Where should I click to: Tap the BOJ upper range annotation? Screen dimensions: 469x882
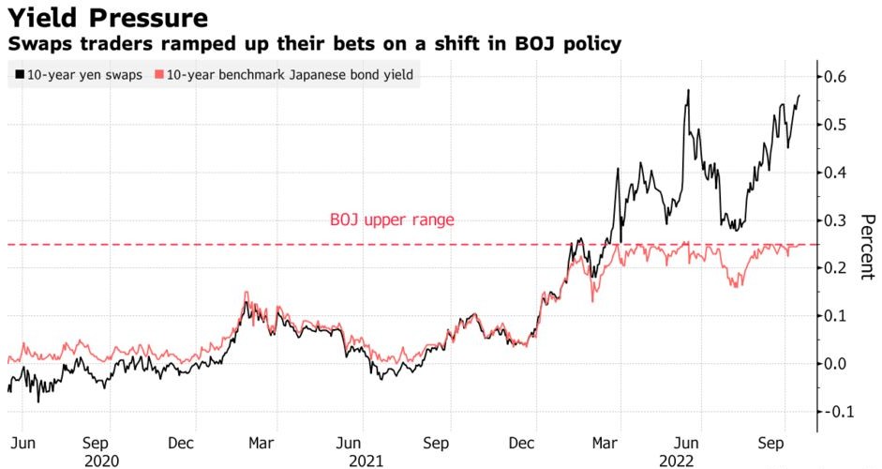tap(392, 220)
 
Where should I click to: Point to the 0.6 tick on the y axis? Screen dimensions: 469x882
tap(838, 77)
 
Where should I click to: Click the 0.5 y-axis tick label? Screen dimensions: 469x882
tap(838, 125)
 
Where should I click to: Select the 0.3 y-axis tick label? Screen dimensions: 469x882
tap(838, 220)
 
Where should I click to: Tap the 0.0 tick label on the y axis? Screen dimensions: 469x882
tap(838, 364)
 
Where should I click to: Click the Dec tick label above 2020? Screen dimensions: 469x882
tap(184, 441)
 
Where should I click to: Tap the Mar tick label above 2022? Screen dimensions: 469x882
tap(606, 441)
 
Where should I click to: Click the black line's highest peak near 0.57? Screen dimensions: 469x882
tap(689, 90)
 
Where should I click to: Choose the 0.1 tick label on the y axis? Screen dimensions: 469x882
tap(838, 316)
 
